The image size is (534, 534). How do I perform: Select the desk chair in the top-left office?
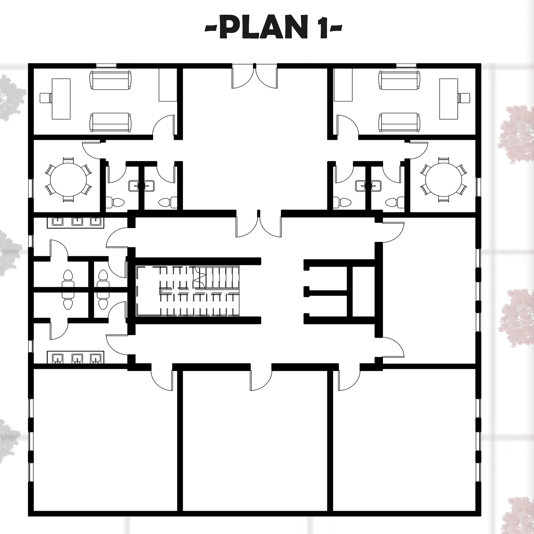(x=45, y=98)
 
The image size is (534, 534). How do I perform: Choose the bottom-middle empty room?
(x=255, y=441)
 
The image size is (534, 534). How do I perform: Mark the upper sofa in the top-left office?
(x=110, y=80)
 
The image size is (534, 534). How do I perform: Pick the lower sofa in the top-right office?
(x=399, y=122)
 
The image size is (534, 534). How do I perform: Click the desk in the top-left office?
(x=61, y=99)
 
